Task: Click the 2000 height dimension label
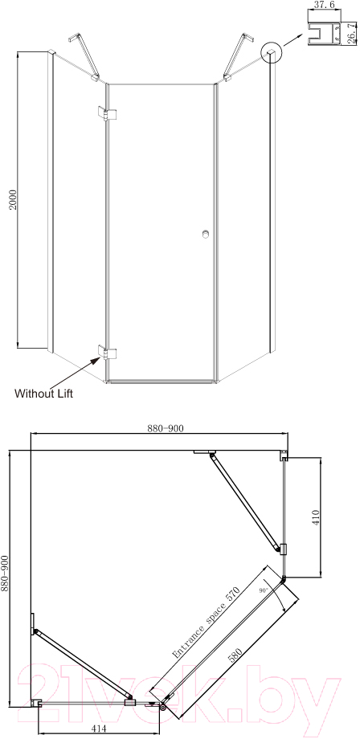click(14, 199)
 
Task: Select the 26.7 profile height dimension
click(350, 34)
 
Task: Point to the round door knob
click(206, 234)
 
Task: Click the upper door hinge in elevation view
click(107, 113)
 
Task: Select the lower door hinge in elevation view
click(107, 352)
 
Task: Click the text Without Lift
click(44, 393)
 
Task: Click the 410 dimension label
click(316, 517)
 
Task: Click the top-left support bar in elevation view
click(84, 56)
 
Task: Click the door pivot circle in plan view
click(163, 707)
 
